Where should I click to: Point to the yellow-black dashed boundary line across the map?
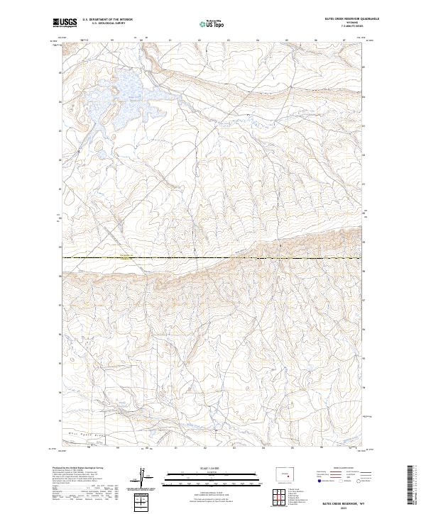click(213, 257)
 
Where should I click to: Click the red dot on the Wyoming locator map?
click(288, 476)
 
